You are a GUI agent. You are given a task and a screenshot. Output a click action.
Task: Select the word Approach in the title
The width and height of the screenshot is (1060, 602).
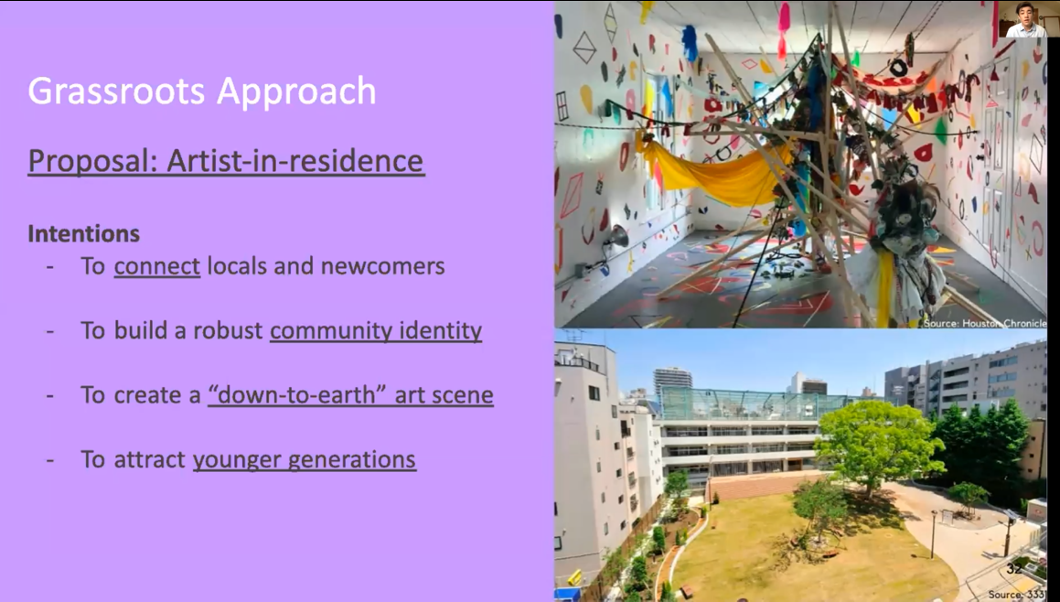tap(296, 92)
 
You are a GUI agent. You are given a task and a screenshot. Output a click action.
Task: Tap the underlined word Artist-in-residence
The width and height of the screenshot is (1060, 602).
tap(294, 161)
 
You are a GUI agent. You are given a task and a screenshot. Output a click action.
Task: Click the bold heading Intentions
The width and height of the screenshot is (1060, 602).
tap(84, 234)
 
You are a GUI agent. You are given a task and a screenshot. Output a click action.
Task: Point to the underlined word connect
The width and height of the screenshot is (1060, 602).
tap(156, 266)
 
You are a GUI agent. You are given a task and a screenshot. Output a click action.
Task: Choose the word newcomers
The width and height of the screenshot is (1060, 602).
tap(382, 266)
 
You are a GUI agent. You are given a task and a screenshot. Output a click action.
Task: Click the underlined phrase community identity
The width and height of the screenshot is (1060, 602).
tap(376, 331)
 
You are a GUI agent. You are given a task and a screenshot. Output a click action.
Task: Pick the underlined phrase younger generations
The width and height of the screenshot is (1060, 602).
tap(305, 460)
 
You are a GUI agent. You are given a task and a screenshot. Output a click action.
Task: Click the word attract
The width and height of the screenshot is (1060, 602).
tap(149, 460)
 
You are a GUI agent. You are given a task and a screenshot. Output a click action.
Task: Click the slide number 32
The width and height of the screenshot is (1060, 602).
tap(1013, 569)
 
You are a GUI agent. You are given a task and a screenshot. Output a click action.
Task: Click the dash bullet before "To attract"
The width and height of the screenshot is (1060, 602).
tap(50, 460)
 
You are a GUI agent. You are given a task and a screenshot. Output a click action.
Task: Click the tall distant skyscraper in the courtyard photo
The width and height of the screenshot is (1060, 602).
tap(672, 382)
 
